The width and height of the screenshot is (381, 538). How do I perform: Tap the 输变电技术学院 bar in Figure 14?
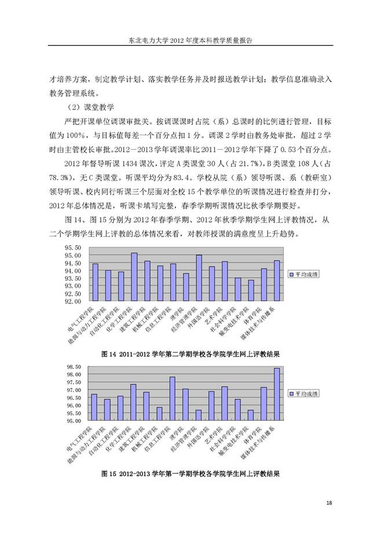(251, 290)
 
